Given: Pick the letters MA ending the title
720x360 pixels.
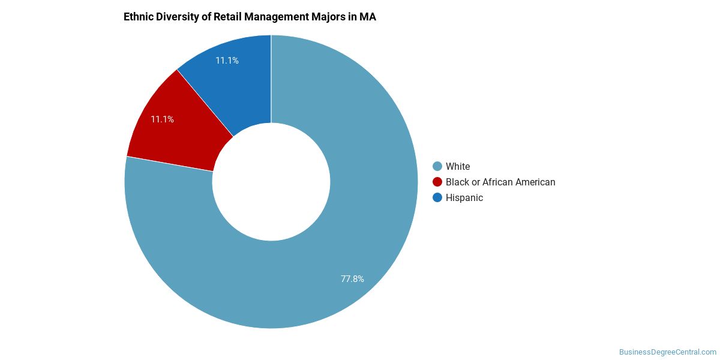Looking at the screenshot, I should click(368, 17).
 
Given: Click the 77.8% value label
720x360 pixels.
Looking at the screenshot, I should click(352, 278).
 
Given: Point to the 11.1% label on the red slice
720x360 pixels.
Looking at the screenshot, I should click(162, 119).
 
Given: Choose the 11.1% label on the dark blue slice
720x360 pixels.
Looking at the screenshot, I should click(227, 61).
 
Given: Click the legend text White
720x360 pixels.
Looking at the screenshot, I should click(458, 166).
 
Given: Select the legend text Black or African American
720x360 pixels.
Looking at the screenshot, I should click(500, 182).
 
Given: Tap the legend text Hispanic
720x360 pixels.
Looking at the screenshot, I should click(464, 197).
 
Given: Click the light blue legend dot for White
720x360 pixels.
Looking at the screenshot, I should click(437, 166).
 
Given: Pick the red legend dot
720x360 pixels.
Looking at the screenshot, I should click(437, 182).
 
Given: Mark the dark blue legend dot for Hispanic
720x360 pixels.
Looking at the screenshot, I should click(437, 197).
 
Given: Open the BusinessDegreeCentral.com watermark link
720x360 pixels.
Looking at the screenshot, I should click(667, 352).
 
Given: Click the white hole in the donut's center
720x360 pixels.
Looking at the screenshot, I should click(271, 182).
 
